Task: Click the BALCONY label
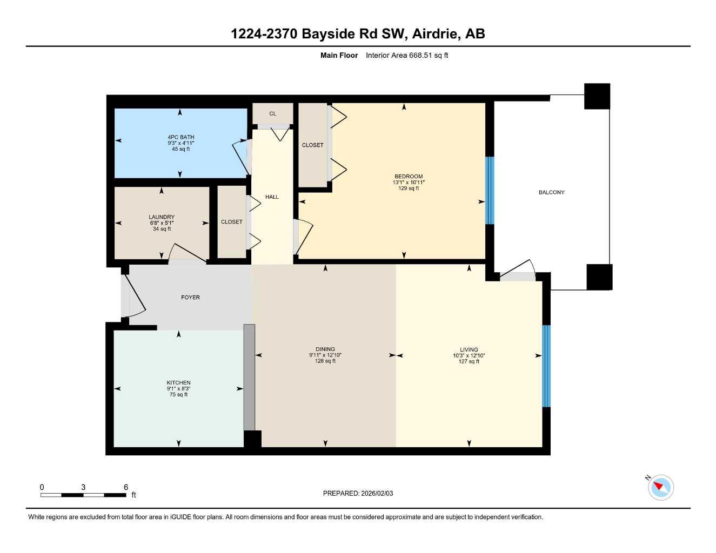(x=551, y=192)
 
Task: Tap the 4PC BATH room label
(x=180, y=137)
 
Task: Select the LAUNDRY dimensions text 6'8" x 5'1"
(x=162, y=223)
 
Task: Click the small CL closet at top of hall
(x=272, y=113)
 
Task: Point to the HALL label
(x=272, y=197)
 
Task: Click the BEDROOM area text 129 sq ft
(x=409, y=188)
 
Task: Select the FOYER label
(x=190, y=298)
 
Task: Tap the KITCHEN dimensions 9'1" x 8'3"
(x=178, y=389)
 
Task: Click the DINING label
(x=325, y=349)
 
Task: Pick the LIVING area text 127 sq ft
(x=469, y=362)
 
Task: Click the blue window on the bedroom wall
(x=490, y=190)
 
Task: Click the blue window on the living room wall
(x=546, y=366)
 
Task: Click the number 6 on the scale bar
(x=126, y=487)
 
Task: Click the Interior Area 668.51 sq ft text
(x=406, y=55)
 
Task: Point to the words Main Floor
(x=339, y=55)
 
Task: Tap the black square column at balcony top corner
(x=597, y=96)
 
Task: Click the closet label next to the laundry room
(x=231, y=222)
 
